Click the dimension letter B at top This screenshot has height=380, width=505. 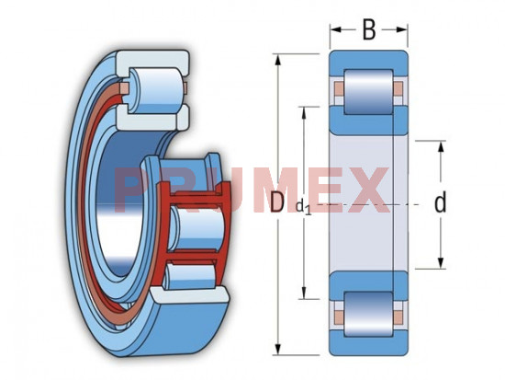[369, 29]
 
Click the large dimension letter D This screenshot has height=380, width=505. [277, 202]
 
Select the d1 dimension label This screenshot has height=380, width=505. [303, 207]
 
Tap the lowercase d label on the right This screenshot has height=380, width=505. [440, 202]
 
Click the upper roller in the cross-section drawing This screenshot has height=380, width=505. [369, 92]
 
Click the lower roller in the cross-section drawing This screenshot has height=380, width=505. [369, 314]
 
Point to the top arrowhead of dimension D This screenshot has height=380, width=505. [278, 60]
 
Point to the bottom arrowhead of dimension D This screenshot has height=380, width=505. [278, 349]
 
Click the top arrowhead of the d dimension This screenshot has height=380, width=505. [442, 147]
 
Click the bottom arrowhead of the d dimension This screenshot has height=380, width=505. [442, 263]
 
